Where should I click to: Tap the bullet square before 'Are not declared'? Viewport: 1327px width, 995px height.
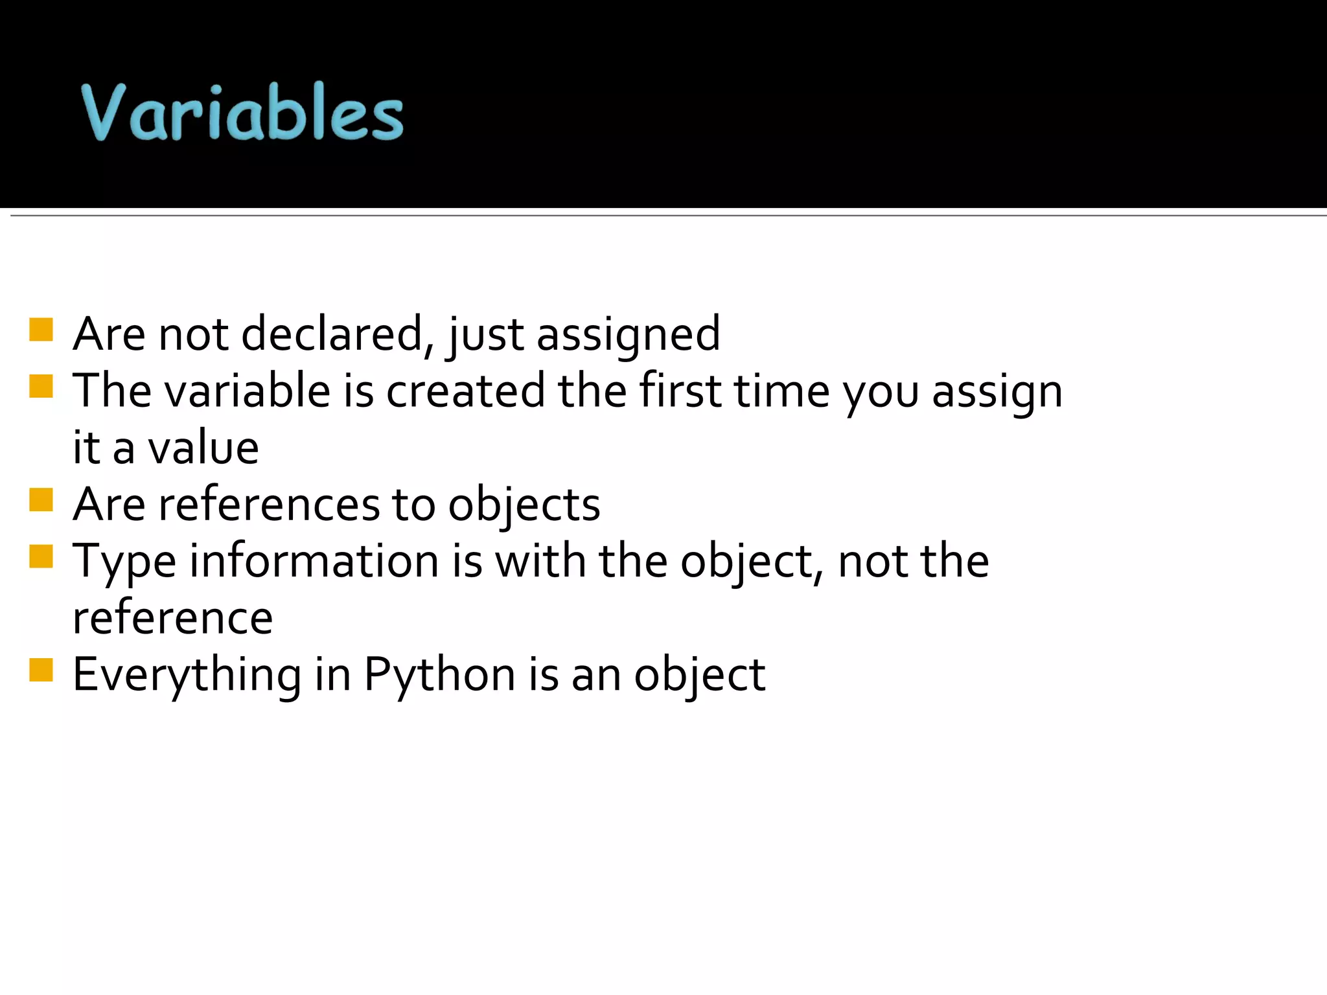(x=41, y=330)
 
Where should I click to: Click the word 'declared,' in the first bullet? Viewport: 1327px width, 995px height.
(x=338, y=334)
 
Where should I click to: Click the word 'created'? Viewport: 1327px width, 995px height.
(x=465, y=391)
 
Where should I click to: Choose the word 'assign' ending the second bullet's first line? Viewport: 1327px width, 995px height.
(x=997, y=393)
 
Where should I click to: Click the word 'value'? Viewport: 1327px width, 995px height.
(x=203, y=448)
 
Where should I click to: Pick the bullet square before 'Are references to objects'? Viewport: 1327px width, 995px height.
(x=41, y=500)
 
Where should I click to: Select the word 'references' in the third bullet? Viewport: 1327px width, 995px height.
(x=269, y=505)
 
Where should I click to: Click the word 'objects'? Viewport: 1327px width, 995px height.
(x=524, y=506)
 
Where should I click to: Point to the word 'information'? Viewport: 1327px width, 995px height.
(x=314, y=561)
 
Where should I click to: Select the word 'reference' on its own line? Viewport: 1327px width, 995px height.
(x=173, y=619)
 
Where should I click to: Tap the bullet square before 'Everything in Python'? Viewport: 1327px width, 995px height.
(x=41, y=670)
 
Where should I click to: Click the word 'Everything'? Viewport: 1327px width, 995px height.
(x=187, y=676)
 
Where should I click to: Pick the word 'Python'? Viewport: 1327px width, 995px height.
(x=440, y=676)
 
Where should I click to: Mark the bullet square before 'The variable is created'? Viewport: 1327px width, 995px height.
(x=41, y=387)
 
